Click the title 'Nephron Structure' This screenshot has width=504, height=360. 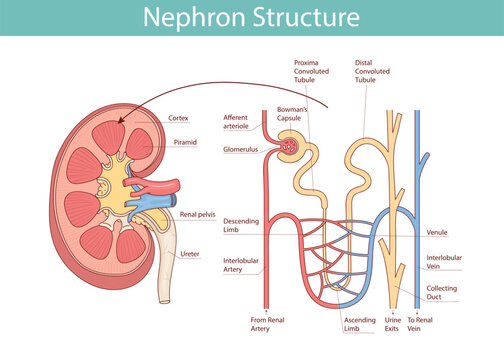click(x=251, y=17)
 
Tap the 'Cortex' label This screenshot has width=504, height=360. click(x=179, y=117)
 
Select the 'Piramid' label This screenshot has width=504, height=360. click(x=184, y=143)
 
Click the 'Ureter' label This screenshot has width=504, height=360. click(x=189, y=254)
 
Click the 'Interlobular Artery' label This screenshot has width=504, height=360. click(x=241, y=263)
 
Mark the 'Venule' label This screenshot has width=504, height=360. click(x=437, y=232)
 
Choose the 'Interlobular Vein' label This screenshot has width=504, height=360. click(x=444, y=262)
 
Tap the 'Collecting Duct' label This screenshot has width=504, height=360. click(x=443, y=293)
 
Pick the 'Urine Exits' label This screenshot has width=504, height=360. click(x=393, y=324)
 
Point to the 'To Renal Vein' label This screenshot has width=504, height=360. click(x=421, y=324)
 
